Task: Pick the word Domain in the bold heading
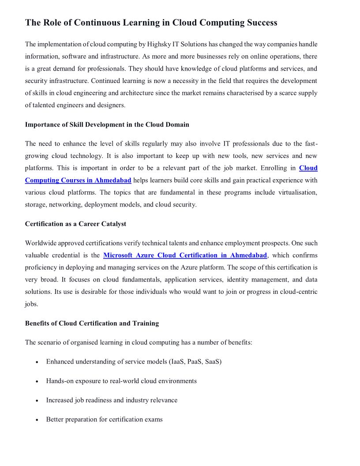pyautogui.click(x=177, y=124)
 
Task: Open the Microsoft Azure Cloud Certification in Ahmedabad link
pyautogui.click(x=185, y=256)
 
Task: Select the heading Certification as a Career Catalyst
pyautogui.click(x=75, y=224)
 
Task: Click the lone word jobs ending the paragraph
pyautogui.click(x=32, y=304)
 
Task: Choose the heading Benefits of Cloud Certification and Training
pyautogui.click(x=92, y=323)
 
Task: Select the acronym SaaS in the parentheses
pyautogui.click(x=212, y=362)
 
